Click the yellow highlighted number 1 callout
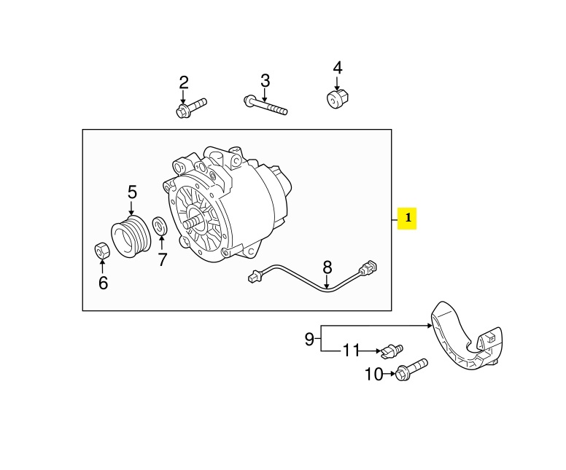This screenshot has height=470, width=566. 407,218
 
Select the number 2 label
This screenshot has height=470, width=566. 184,82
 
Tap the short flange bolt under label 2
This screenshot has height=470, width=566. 192,106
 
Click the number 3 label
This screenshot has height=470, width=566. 265,79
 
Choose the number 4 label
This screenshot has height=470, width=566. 337,68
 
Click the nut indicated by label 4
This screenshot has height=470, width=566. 336,99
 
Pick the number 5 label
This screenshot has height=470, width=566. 132,192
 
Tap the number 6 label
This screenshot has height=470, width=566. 103,283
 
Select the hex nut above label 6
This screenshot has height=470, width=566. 103,250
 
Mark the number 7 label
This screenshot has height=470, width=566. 162,259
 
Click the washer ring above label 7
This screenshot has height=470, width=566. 160,226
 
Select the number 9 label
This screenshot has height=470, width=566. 309,338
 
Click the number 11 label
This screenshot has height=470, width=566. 352,351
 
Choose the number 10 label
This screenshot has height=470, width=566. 373,375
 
